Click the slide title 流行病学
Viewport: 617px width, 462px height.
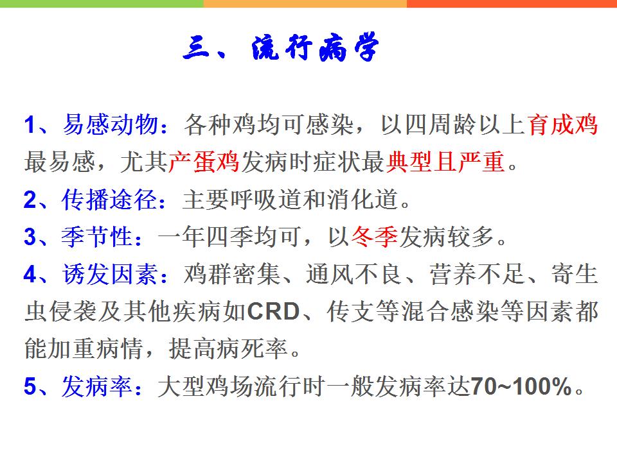[315, 47]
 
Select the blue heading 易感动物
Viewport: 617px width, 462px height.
[111, 125]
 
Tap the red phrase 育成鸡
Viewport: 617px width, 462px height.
[562, 125]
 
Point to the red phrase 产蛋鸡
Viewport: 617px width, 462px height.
[204, 162]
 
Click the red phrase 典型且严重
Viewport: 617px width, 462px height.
[445, 162]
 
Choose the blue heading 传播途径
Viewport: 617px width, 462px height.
[110, 200]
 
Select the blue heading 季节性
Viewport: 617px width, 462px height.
[97, 237]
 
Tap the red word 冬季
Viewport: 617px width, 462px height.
[374, 237]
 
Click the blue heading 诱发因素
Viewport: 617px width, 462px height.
[110, 274]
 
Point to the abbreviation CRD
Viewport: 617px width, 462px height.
[274, 312]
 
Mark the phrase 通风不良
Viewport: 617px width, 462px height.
[353, 274]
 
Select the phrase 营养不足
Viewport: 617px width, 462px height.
[476, 274]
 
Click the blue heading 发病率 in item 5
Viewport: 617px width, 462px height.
[97, 386]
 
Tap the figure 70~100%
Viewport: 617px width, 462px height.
[521, 386]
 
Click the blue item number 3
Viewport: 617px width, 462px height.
[30, 237]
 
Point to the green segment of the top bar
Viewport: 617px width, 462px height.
[102, 4]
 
